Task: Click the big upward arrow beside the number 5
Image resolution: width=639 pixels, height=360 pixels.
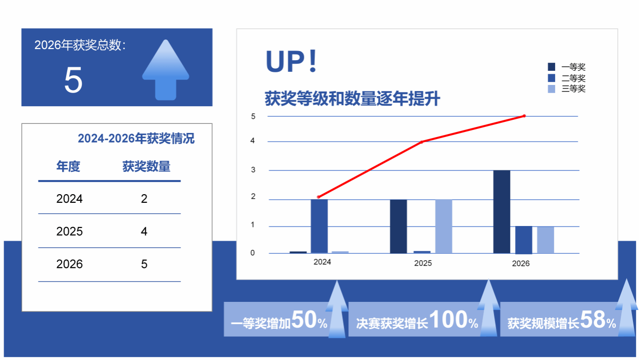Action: [x=165, y=70]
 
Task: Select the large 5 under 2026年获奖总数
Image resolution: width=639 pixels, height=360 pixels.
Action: [x=73, y=80]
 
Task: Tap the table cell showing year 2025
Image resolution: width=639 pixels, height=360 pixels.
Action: [x=69, y=232]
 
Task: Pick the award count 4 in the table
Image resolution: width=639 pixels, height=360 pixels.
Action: [x=144, y=232]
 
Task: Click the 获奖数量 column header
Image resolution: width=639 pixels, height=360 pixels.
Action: [x=146, y=166]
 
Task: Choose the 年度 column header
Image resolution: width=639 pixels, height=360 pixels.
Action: [x=68, y=166]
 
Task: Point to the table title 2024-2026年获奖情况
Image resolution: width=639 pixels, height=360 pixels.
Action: [x=136, y=139]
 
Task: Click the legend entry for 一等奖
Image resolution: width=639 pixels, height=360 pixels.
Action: [x=567, y=67]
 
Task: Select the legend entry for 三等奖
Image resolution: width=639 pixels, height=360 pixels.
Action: [x=567, y=88]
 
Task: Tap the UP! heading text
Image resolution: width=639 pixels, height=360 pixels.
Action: [x=291, y=61]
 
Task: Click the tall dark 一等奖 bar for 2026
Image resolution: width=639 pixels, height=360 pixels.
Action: [x=502, y=212]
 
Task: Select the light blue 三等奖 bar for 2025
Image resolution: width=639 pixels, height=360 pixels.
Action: [x=443, y=226]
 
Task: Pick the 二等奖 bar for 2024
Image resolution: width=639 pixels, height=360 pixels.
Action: [x=319, y=226]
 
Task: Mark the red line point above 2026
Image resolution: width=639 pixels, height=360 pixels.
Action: [x=524, y=116]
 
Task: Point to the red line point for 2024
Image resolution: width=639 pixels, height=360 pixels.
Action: [x=318, y=197]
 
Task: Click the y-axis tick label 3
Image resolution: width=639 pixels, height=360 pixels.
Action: [x=253, y=170]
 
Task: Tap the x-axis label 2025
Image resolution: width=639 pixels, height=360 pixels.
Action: [x=423, y=263]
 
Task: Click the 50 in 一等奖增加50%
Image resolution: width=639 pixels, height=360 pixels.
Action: [x=304, y=320]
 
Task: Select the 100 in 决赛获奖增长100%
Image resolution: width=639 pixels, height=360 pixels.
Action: [x=448, y=320]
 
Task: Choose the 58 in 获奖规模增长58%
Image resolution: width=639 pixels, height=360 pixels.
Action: [x=593, y=320]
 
